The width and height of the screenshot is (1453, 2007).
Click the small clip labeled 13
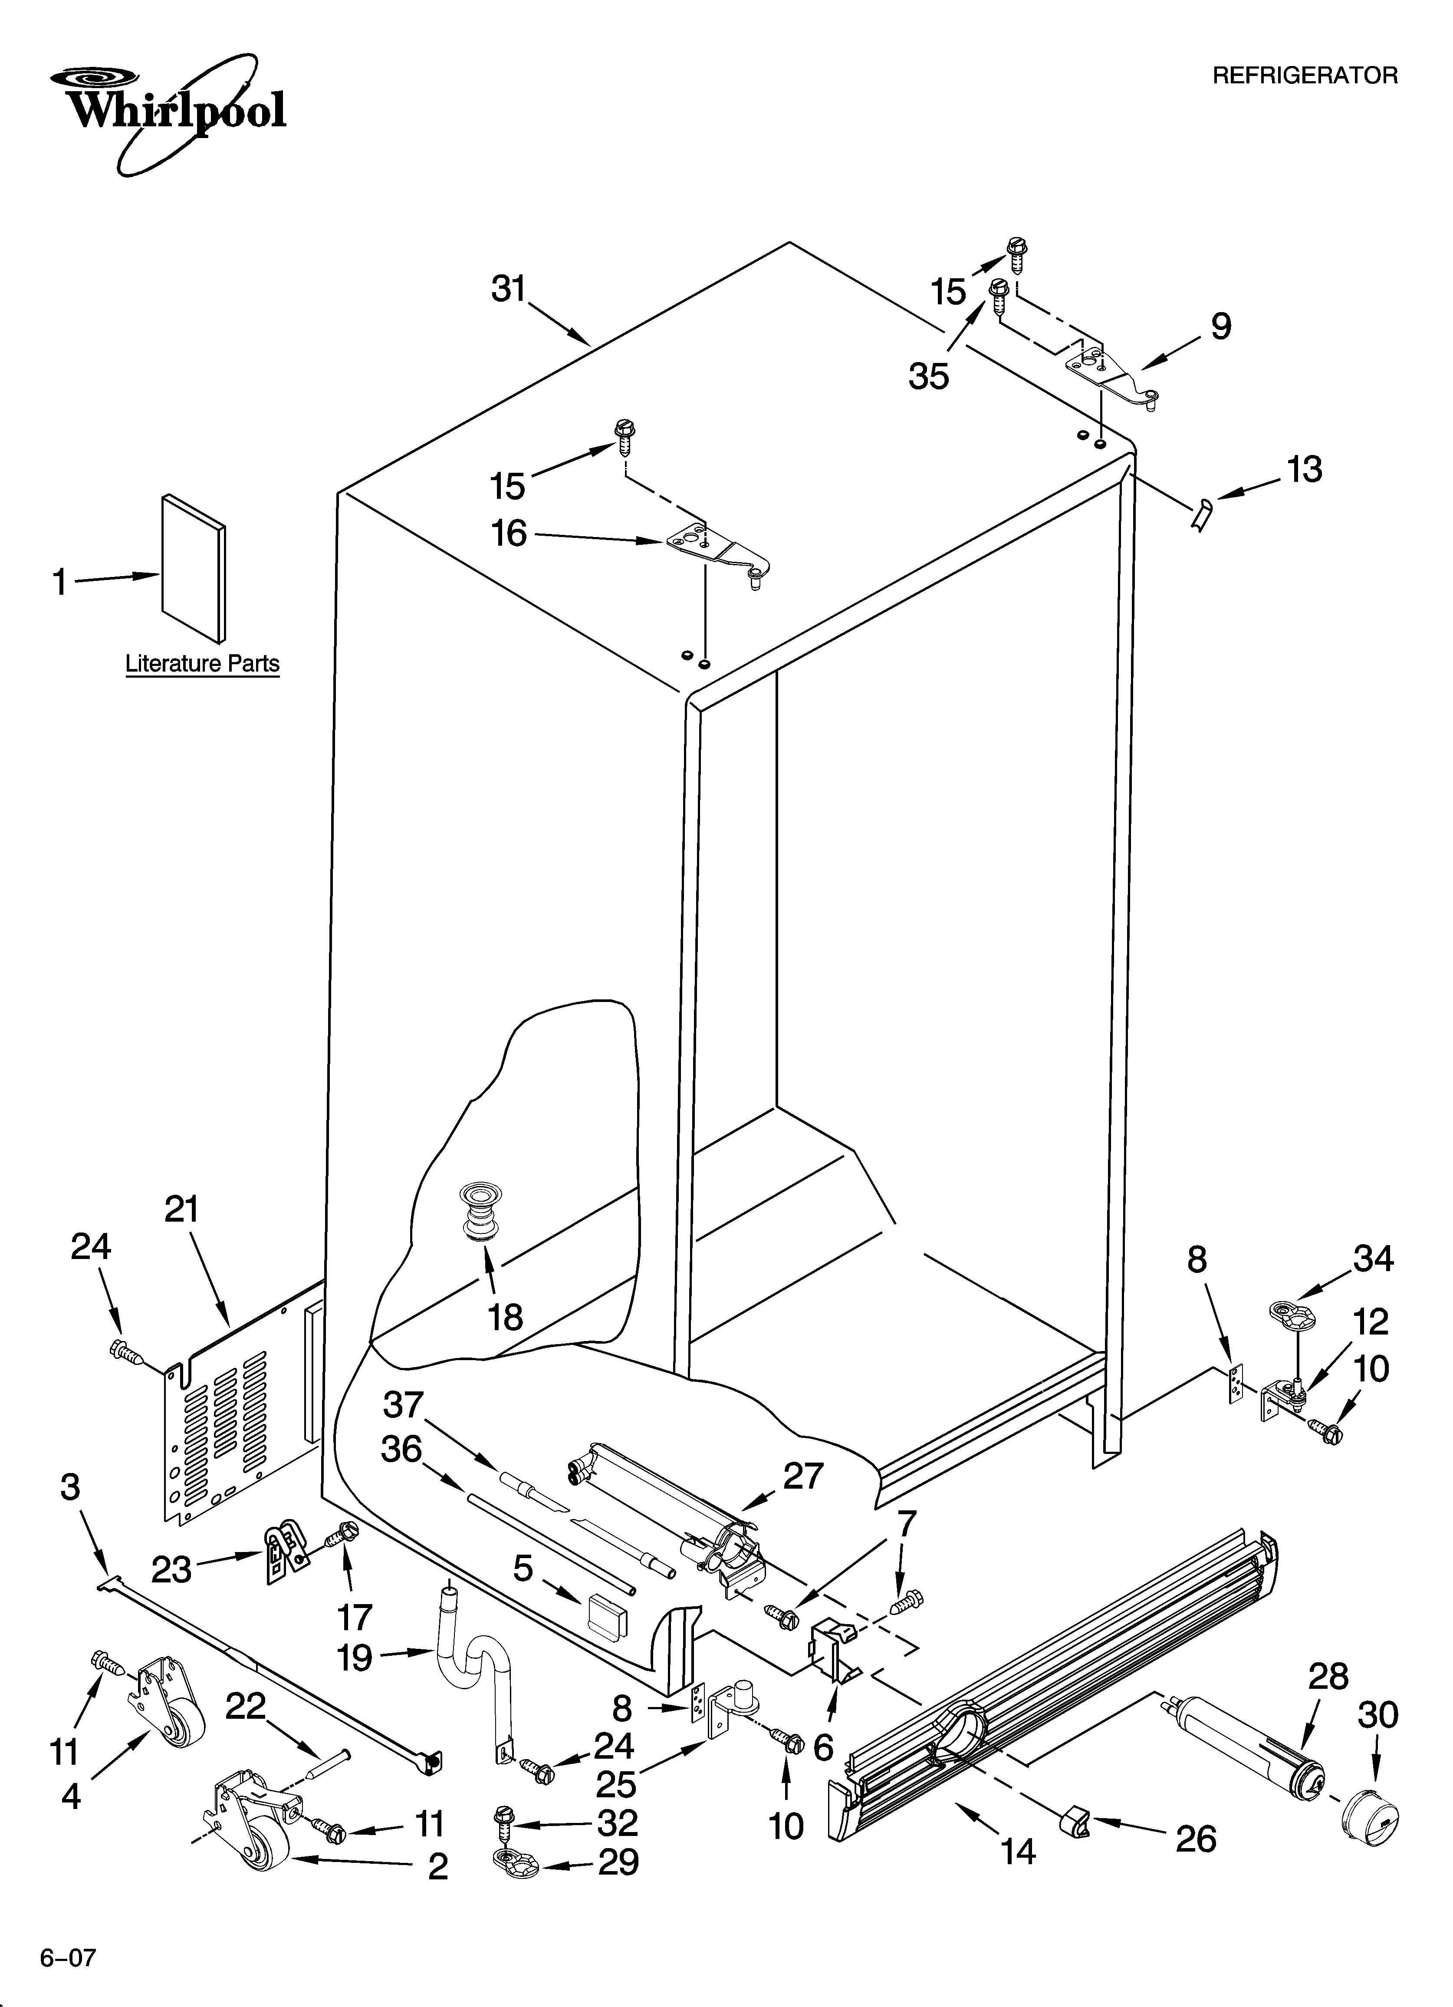click(x=1201, y=514)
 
